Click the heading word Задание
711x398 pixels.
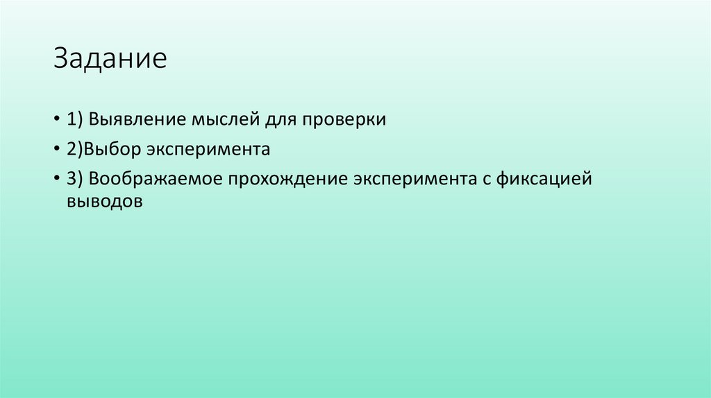tap(111, 59)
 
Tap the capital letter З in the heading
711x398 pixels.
tap(62, 59)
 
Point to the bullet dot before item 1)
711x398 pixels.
tap(56, 119)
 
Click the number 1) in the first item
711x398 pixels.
tap(75, 119)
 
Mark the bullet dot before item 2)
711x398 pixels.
tap(56, 149)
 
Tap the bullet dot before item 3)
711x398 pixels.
tap(56, 179)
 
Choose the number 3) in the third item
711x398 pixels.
tap(75, 179)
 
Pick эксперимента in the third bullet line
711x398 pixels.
tap(414, 179)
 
